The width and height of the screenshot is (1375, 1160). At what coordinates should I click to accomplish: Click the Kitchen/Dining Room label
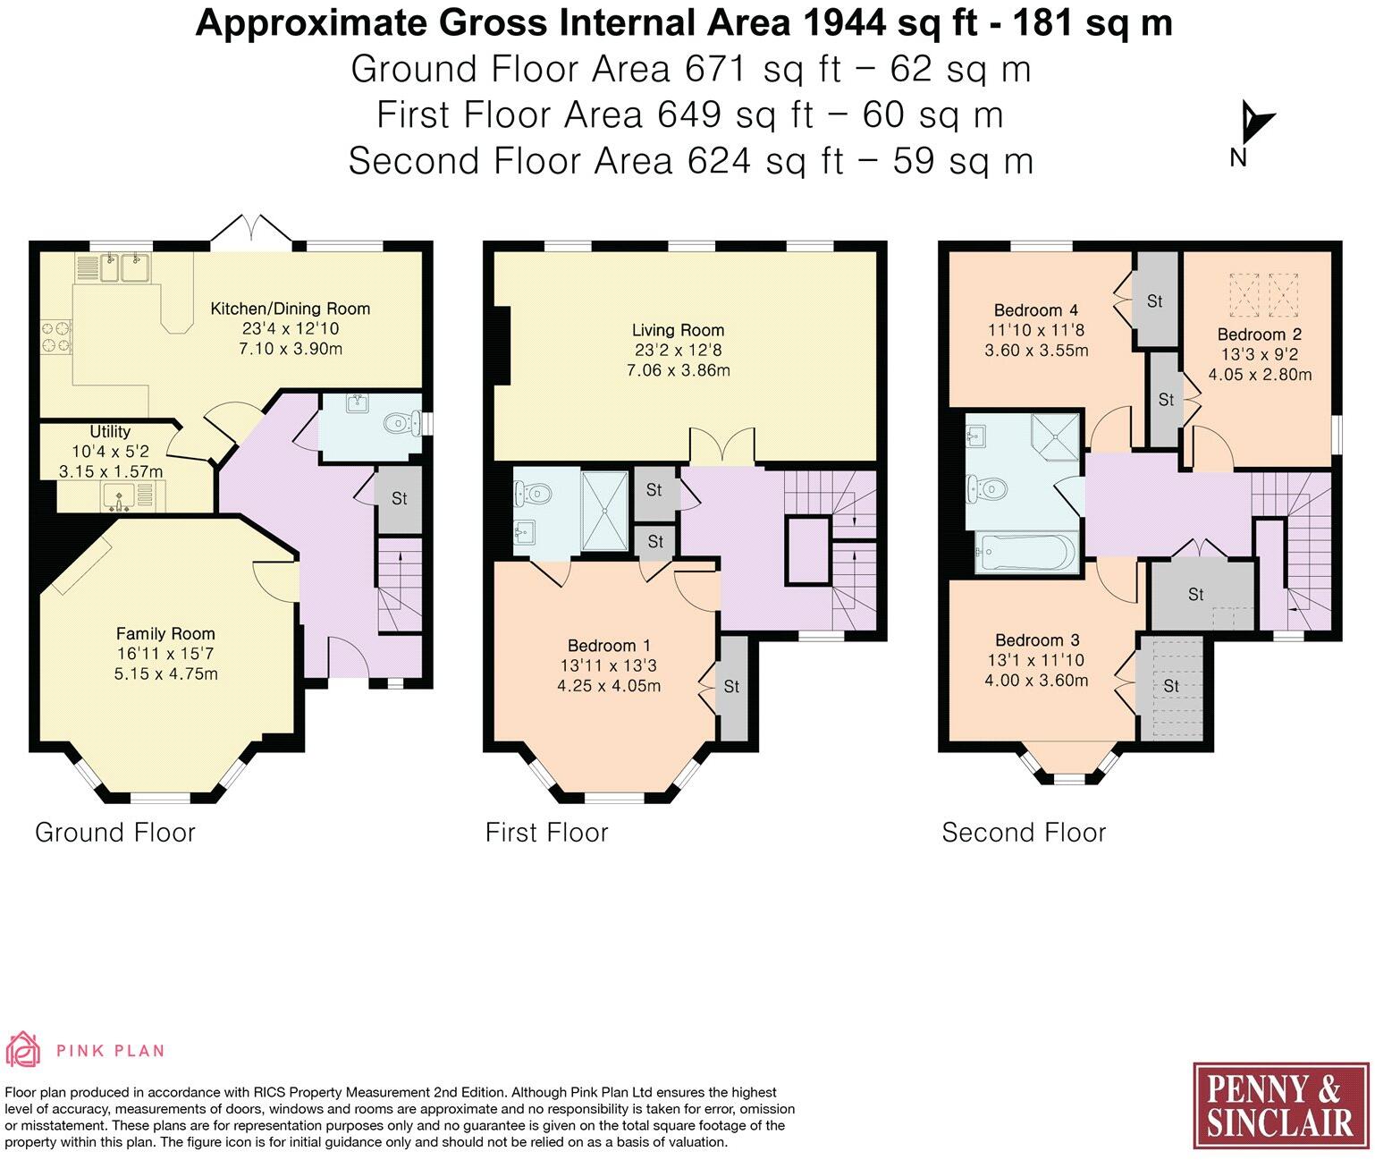[x=290, y=309]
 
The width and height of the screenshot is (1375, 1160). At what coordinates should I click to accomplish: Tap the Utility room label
[x=110, y=431]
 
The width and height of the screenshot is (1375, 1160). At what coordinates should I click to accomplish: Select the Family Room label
[x=165, y=634]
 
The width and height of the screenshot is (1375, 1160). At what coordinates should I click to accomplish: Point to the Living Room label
[x=678, y=330]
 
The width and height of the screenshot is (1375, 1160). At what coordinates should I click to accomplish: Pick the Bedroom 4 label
[x=1036, y=310]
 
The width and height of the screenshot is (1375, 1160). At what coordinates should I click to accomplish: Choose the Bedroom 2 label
[x=1259, y=334]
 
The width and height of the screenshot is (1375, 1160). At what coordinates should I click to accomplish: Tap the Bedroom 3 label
[x=1037, y=640]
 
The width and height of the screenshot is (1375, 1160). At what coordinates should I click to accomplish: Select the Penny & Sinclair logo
[x=1281, y=1114]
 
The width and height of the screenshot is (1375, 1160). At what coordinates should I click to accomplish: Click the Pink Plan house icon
[x=22, y=1049]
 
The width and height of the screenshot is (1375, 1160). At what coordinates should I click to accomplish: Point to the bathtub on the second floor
[x=1025, y=551]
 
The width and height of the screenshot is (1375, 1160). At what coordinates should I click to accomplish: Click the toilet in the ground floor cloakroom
[x=402, y=423]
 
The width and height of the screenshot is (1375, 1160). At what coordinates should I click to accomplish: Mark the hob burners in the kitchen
[x=56, y=336]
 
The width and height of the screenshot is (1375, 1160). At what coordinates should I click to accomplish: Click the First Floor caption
[x=546, y=833]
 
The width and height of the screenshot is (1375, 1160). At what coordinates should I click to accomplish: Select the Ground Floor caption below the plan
[x=115, y=833]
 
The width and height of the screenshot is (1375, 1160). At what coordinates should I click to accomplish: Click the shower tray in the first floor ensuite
[x=604, y=511]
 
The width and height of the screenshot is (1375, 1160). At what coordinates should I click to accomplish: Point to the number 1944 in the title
[x=845, y=24]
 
